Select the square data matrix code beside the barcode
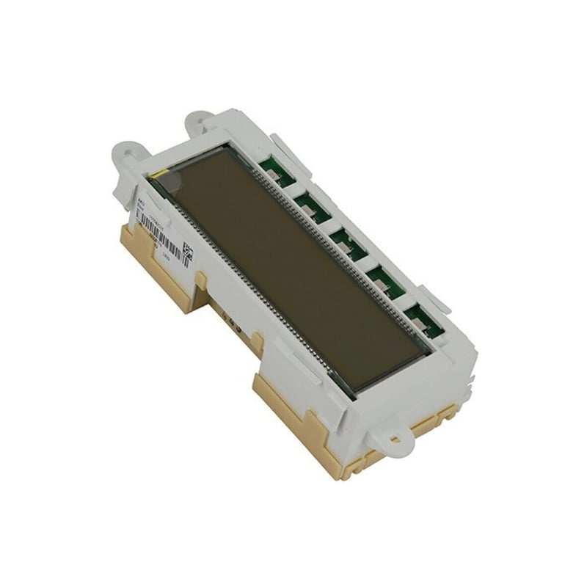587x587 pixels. pos(187,252)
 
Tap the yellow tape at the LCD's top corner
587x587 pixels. pos(162,176)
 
